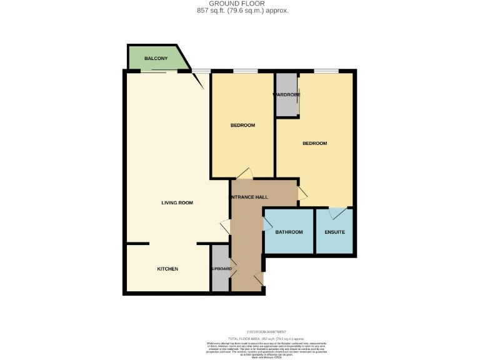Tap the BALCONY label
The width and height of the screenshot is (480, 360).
tap(156, 59)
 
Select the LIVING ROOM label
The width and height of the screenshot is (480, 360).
tap(177, 202)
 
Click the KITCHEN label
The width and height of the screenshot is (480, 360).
tap(167, 269)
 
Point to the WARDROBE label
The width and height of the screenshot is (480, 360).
tap(287, 95)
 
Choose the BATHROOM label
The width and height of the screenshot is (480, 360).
tap(289, 232)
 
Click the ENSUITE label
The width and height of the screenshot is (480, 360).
tap(334, 232)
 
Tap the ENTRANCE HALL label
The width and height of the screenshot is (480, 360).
tap(250, 197)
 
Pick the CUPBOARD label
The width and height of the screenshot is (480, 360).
tap(221, 269)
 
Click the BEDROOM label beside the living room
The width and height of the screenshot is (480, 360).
tap(242, 126)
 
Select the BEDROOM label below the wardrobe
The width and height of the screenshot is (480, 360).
tap(314, 144)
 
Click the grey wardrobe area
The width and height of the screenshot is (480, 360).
tap(287, 106)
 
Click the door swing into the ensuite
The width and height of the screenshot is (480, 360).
tap(337, 214)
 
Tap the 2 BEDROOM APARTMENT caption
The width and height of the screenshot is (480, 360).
tap(266, 331)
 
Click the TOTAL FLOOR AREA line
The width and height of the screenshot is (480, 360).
tap(266, 337)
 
